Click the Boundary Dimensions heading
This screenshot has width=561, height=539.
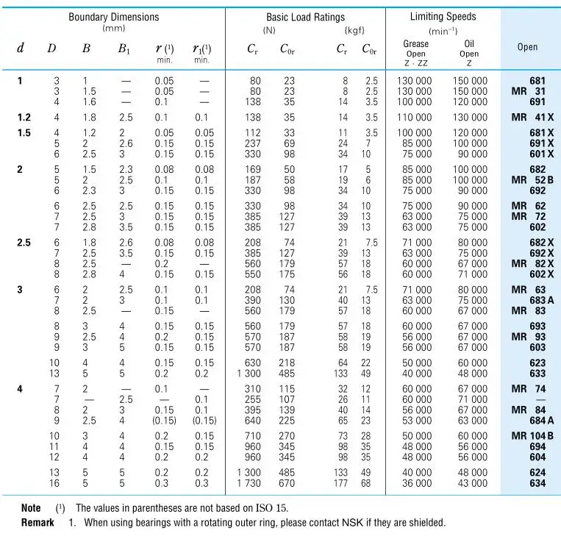pyautogui.click(x=114, y=17)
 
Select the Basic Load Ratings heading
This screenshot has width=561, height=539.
pyautogui.click(x=306, y=17)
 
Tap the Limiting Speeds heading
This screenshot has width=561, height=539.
pyautogui.click(x=443, y=16)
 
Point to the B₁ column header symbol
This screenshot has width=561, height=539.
pyautogui.click(x=124, y=49)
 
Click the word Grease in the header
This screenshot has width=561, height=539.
pyautogui.click(x=415, y=43)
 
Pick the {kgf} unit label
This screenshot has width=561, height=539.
pyautogui.click(x=354, y=30)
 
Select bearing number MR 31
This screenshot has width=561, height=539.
pyautogui.click(x=529, y=91)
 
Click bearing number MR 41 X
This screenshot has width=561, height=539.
pyautogui.click(x=532, y=118)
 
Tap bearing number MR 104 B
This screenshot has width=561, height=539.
pyautogui.click(x=532, y=436)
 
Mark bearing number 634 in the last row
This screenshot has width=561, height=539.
pyautogui.click(x=537, y=483)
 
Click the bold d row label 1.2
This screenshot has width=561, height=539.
pyautogui.click(x=24, y=118)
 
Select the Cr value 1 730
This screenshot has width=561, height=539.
pyautogui.click(x=249, y=483)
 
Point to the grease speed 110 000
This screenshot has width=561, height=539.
pyautogui.click(x=414, y=118)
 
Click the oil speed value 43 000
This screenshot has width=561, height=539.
pyautogui.click(x=473, y=483)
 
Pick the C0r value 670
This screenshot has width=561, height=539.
pyautogui.click(x=287, y=483)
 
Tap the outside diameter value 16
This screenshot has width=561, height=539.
pyautogui.click(x=54, y=483)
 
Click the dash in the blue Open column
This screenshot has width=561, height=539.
pyautogui.click(x=541, y=399)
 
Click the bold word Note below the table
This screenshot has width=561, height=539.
pyautogui.click(x=31, y=508)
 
